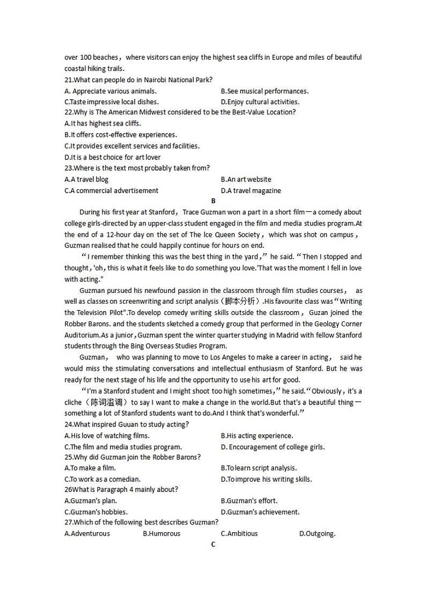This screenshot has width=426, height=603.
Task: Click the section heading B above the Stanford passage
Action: click(x=213, y=201)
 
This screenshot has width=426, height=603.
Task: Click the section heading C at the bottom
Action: click(x=213, y=545)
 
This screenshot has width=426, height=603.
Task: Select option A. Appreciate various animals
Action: click(x=111, y=91)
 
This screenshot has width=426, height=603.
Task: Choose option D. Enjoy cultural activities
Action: click(x=260, y=102)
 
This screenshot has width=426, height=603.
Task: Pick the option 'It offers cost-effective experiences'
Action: click(x=121, y=135)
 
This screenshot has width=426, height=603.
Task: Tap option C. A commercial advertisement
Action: click(x=112, y=190)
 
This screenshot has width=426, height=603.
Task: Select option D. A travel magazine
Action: click(x=251, y=190)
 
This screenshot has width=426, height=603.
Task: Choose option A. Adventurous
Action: click(x=87, y=534)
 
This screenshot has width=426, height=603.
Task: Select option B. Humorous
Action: click(x=161, y=534)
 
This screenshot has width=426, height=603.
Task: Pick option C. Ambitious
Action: click(x=239, y=534)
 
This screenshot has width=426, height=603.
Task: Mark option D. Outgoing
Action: click(x=317, y=534)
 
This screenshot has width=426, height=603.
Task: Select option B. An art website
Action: click(x=246, y=180)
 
